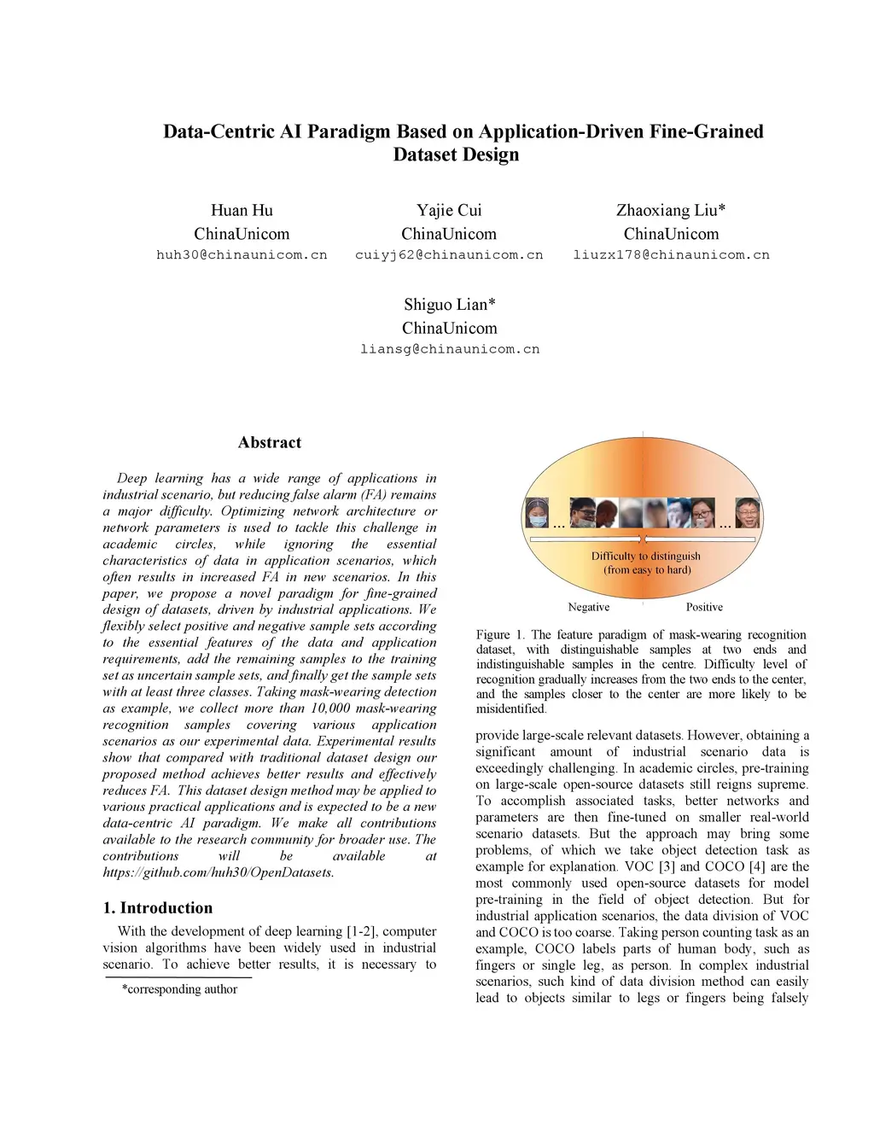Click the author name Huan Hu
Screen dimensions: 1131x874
click(x=242, y=210)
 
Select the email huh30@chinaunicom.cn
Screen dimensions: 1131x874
click(x=242, y=255)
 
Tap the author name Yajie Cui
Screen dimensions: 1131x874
click(x=449, y=210)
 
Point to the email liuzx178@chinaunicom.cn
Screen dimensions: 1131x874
click(x=671, y=255)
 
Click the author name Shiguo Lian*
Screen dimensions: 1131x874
click(x=449, y=305)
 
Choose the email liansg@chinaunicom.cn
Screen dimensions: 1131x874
click(x=449, y=349)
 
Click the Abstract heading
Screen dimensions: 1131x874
click(x=269, y=442)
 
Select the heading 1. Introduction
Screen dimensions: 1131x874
click(x=158, y=907)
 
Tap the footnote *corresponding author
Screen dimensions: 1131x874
click(x=179, y=989)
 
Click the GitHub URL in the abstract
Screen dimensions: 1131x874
click(x=218, y=872)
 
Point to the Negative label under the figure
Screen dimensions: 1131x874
click(x=589, y=607)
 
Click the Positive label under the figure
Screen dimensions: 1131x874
click(x=704, y=607)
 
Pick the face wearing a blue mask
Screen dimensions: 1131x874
click(x=537, y=513)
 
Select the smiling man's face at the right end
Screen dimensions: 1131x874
click(x=747, y=512)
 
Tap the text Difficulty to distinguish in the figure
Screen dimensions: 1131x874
click(x=646, y=556)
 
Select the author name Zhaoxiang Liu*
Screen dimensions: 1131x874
click(x=671, y=210)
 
